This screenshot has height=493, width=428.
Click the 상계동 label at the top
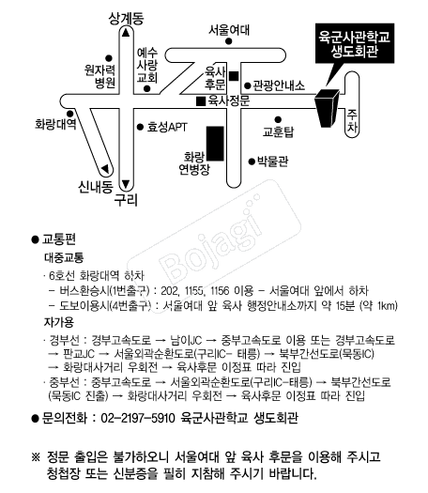point(126,18)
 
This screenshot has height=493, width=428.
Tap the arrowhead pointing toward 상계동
point(126,33)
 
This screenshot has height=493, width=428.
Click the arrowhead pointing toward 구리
point(126,184)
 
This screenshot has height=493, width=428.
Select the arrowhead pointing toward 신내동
point(105,169)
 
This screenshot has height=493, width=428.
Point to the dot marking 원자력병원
point(109,58)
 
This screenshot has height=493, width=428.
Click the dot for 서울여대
point(229,41)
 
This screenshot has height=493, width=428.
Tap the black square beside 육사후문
point(234,76)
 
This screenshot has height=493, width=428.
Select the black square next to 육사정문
point(201,101)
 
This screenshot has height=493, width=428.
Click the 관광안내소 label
point(279,85)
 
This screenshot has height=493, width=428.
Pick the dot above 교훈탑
point(278,119)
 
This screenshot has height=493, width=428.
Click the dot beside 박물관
point(252,162)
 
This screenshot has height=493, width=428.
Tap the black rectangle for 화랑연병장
point(215,144)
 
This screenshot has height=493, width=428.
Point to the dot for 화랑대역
point(69,114)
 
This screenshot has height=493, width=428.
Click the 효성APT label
point(167,127)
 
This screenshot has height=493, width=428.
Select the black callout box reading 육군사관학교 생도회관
point(355,43)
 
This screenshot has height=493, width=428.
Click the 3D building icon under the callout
point(327,109)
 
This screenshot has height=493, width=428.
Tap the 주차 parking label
point(352,121)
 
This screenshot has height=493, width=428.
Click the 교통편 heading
point(59,239)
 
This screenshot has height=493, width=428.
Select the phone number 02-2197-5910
point(138,418)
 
